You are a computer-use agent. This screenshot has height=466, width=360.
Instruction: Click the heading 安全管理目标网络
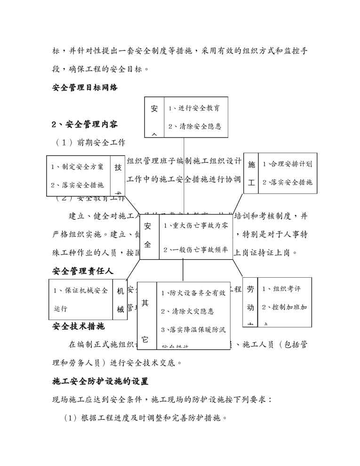coord(85,88)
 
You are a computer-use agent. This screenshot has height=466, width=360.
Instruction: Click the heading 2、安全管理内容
coord(85,125)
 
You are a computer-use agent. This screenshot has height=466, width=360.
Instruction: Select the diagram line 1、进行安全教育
coord(194,108)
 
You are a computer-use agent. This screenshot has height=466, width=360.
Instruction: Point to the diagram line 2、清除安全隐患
coord(194,126)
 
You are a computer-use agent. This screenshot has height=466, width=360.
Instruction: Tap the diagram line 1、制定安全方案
coord(77,167)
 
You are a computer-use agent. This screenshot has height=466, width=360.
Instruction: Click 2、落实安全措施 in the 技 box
coord(77,185)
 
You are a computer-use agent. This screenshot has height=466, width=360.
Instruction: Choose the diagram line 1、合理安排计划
coord(287,164)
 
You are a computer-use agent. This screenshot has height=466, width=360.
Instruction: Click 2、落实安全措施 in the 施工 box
coord(287,182)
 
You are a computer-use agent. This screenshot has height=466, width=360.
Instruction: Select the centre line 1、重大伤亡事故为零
coord(195,226)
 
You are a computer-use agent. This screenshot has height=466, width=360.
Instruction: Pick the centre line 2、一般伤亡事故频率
coord(195,249)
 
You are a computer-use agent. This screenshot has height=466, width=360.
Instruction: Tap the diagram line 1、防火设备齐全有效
coord(193,293)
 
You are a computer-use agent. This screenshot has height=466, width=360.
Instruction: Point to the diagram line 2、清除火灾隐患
coord(187,311)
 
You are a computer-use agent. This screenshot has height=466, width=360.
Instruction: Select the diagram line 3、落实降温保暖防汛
coord(193,329)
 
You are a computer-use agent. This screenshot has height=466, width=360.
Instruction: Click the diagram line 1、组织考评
coord(281,289)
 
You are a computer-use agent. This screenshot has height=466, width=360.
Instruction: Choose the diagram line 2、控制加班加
coord(284,307)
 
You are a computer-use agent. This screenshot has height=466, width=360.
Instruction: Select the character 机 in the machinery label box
coord(120,291)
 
